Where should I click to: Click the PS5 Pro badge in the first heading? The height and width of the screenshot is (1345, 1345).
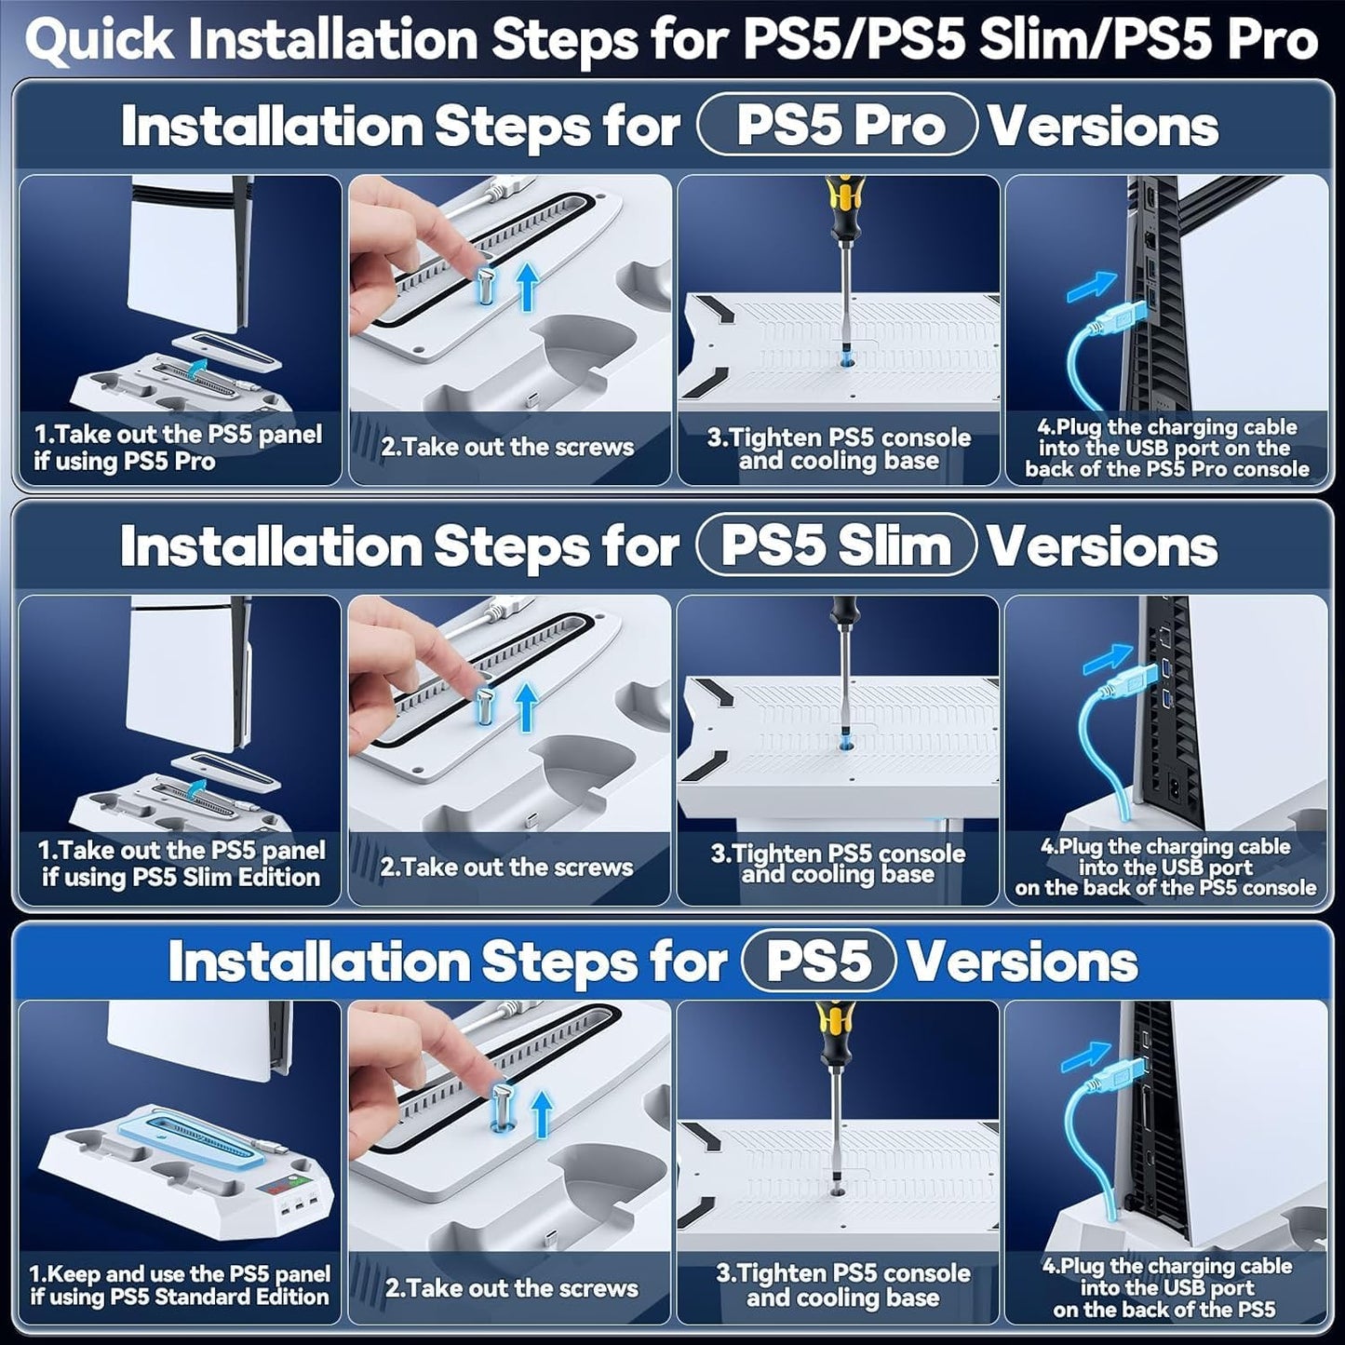pos(838,126)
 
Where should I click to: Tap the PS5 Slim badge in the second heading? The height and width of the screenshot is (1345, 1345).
pos(836,545)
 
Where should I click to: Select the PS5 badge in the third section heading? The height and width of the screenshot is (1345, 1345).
pos(818,962)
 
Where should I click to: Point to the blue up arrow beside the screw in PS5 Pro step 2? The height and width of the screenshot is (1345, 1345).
pos(527,286)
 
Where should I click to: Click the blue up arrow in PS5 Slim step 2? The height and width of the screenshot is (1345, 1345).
pos(527,706)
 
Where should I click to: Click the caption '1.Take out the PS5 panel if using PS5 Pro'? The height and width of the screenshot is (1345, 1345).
pos(178,448)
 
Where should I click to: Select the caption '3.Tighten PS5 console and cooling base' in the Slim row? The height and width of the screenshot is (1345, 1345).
pos(838,864)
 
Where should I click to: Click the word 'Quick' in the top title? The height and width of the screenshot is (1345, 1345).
pos(100,41)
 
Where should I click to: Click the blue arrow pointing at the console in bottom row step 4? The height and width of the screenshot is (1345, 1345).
pos(1085,1056)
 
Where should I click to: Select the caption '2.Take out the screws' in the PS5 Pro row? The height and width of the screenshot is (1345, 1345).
pos(508,447)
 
